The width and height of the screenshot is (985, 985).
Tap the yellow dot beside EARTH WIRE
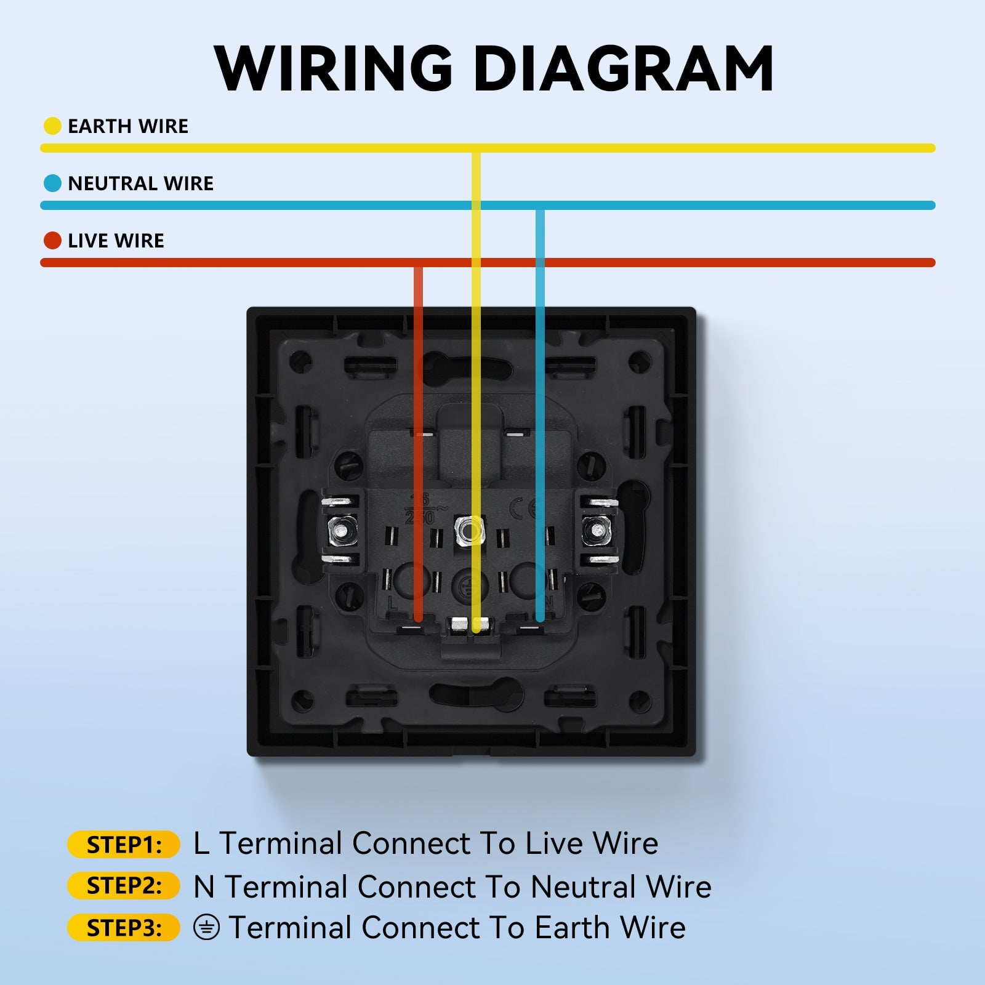click(x=52, y=126)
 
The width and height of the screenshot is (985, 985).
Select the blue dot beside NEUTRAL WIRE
click(x=52, y=183)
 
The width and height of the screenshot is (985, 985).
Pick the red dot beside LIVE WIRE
click(x=52, y=241)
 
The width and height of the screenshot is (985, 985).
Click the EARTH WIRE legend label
click(x=128, y=126)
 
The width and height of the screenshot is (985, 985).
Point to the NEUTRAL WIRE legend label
click(x=140, y=183)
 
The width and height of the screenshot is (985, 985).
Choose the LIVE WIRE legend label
click(x=116, y=241)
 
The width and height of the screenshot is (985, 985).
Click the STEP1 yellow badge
click(x=124, y=845)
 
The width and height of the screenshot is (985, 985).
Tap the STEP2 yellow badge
click(x=124, y=886)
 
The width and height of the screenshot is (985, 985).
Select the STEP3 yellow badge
click(x=124, y=928)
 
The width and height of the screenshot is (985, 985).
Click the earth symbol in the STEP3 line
click(x=206, y=927)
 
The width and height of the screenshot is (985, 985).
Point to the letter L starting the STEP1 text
click(x=201, y=843)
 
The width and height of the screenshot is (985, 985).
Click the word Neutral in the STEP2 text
click(x=583, y=886)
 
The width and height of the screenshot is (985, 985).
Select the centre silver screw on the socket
click(x=468, y=529)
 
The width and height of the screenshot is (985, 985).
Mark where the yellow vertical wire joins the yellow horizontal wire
click(x=476, y=148)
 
